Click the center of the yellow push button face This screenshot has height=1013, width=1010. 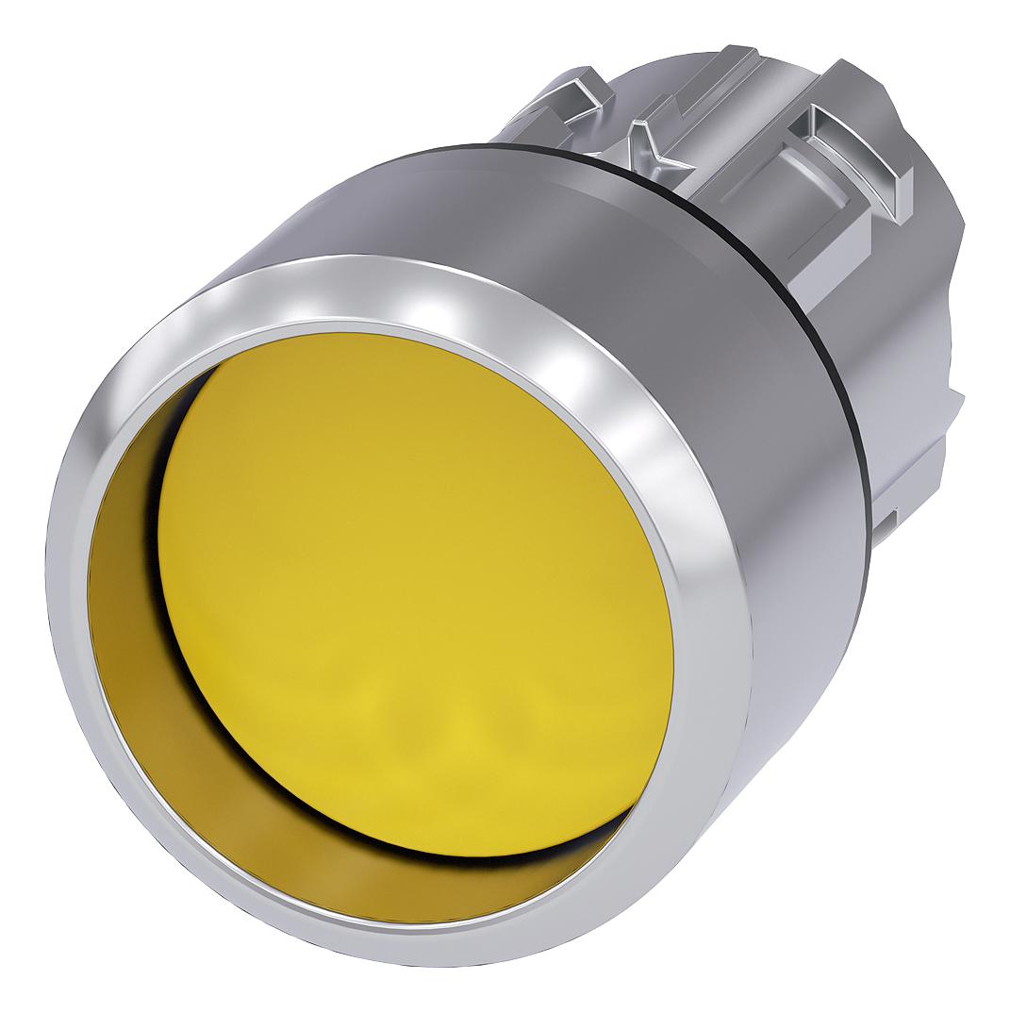(415, 594)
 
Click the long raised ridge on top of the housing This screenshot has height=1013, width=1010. (698, 85)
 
